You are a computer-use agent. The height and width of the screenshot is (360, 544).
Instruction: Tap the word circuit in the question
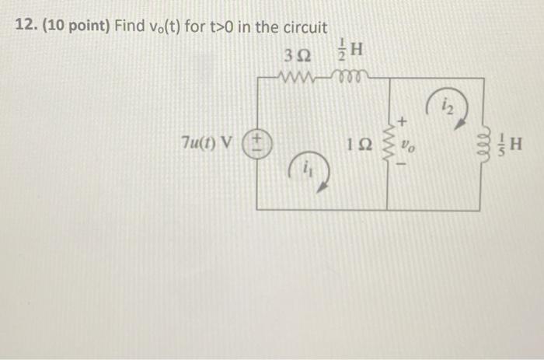[303, 27]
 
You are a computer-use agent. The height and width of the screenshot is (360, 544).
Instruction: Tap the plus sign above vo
[403, 121]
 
